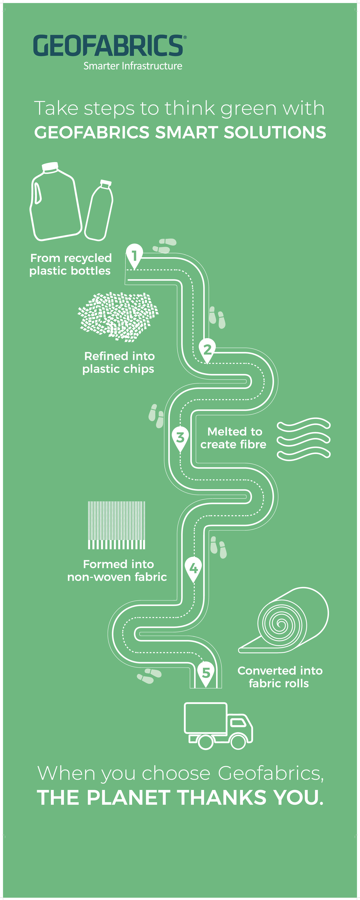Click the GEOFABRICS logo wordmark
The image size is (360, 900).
click(x=108, y=46)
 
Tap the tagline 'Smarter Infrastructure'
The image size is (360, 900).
click(x=133, y=66)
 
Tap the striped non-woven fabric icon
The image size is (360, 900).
click(x=116, y=525)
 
